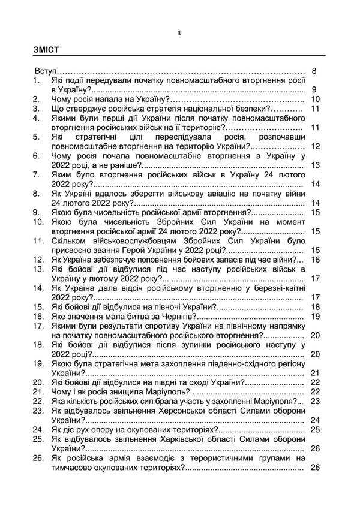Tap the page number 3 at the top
[179, 33]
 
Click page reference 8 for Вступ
[315, 71]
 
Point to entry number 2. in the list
[37, 99]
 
